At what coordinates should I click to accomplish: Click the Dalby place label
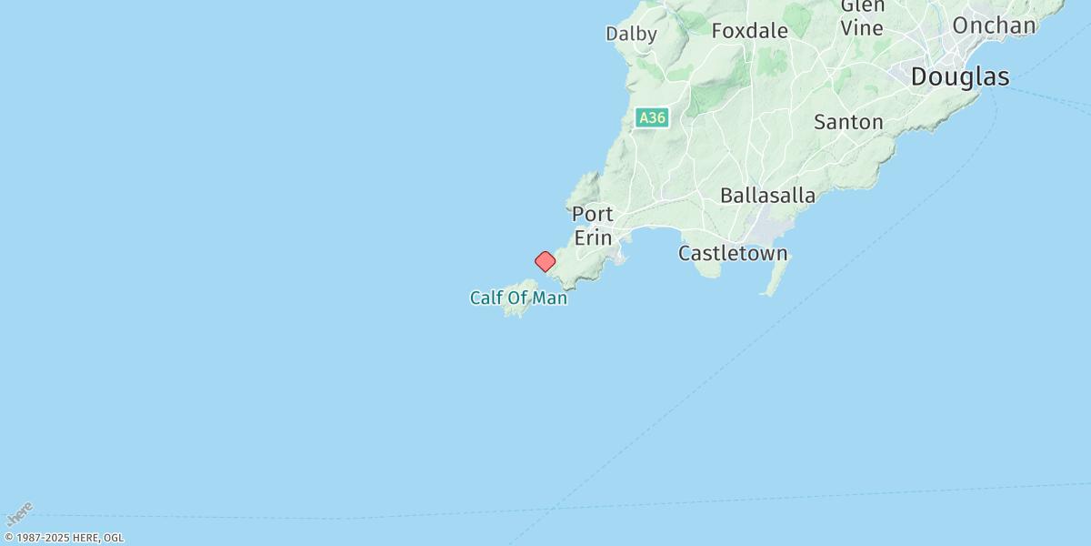tap(631, 34)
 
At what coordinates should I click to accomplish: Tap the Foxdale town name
tap(749, 31)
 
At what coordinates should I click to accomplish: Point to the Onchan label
tap(994, 25)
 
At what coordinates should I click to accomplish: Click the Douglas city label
tap(959, 77)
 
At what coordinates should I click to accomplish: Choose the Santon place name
tap(848, 122)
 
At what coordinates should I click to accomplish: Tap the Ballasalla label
tap(767, 196)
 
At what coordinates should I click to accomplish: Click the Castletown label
tap(733, 253)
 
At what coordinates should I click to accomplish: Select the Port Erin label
tap(593, 226)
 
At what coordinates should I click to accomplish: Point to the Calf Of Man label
tap(518, 298)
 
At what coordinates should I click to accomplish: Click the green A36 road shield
tap(652, 118)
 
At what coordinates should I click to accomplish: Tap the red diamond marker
tap(545, 262)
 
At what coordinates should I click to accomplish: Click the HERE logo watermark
tap(19, 514)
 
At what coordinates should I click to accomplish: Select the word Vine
tap(862, 28)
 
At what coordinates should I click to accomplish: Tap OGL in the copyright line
tap(114, 538)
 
